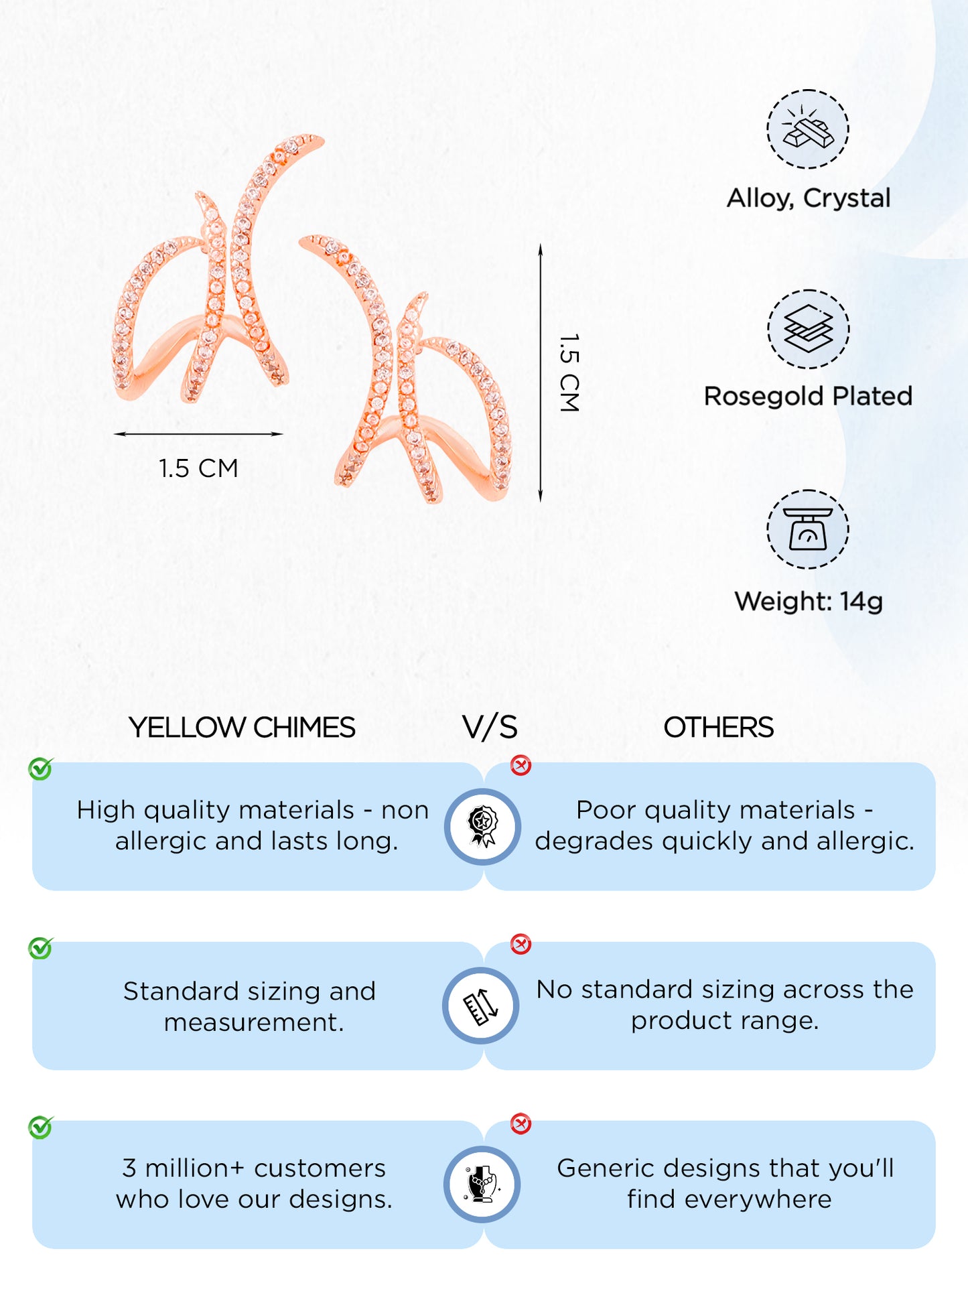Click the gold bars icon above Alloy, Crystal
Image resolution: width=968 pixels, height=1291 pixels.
(808, 129)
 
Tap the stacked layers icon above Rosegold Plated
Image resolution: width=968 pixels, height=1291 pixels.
(808, 329)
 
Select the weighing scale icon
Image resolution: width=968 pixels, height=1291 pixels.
(808, 529)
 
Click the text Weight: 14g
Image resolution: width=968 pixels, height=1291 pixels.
(809, 602)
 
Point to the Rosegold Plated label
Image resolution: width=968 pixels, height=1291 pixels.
(808, 396)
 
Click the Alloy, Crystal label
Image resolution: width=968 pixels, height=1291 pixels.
(809, 198)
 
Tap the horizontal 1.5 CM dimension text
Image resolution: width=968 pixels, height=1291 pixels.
(198, 468)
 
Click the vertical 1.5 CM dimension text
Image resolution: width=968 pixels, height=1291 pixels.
(569, 372)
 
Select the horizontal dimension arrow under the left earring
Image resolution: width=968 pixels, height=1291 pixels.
(198, 434)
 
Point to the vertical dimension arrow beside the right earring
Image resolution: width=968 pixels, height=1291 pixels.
(541, 372)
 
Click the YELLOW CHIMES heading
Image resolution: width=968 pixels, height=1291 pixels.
(242, 728)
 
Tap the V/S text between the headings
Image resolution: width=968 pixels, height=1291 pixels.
(490, 728)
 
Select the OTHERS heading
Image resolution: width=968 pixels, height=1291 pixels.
(718, 728)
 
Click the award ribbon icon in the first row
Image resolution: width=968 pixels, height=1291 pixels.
(482, 827)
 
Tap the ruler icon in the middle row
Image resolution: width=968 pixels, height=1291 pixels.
(481, 1006)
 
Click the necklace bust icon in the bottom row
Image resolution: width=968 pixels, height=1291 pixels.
(482, 1184)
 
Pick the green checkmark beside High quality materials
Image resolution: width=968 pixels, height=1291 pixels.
(40, 769)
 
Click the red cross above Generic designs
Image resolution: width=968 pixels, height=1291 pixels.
(521, 1124)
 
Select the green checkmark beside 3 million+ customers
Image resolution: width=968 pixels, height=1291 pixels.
(40, 1128)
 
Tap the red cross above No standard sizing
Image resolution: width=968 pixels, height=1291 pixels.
(521, 944)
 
